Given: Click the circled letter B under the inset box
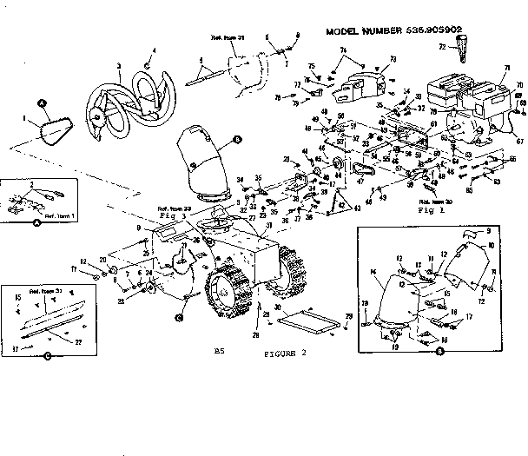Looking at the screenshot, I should coord(440,352).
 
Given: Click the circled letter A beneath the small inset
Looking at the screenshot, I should coord(36,222).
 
